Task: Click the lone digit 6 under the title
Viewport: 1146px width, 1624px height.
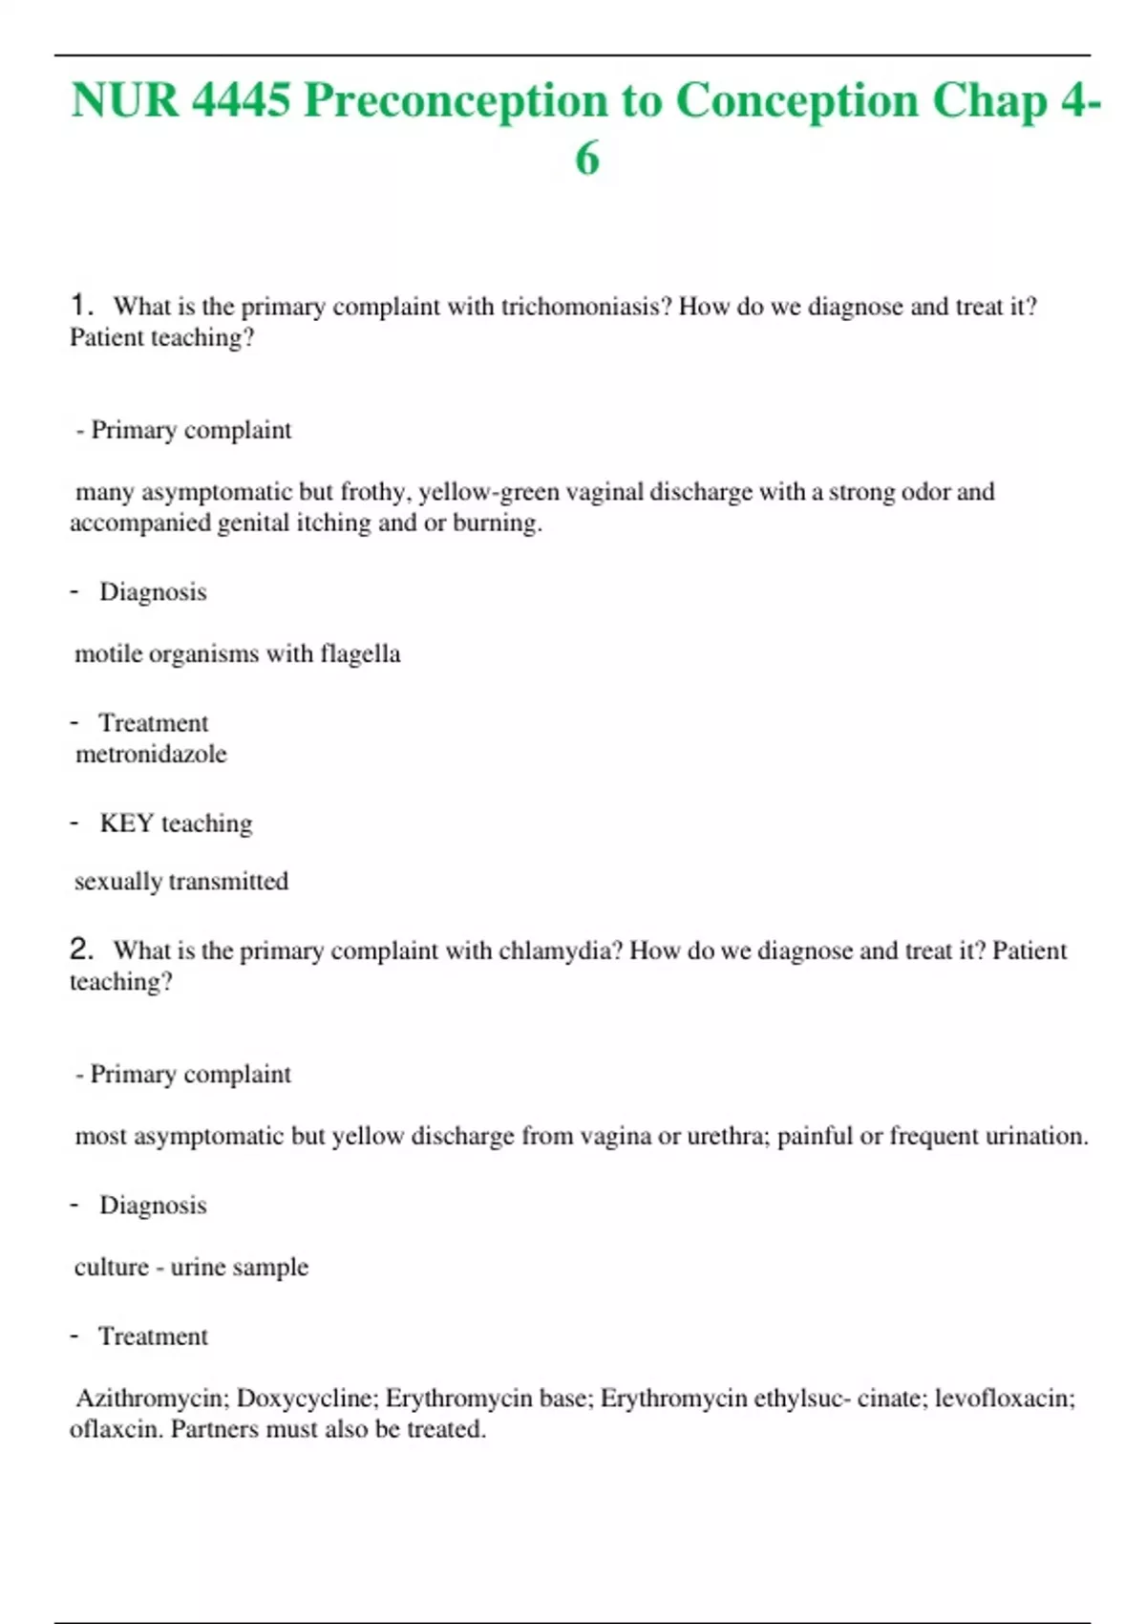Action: pos(586,159)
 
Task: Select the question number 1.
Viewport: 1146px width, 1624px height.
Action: pos(80,306)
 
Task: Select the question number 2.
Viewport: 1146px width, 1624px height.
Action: pos(80,950)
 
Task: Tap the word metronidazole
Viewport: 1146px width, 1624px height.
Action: pos(151,755)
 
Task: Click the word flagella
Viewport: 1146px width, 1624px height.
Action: pos(360,654)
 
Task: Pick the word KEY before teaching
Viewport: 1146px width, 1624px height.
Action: pos(126,823)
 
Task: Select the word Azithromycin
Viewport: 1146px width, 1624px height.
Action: pos(152,1399)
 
